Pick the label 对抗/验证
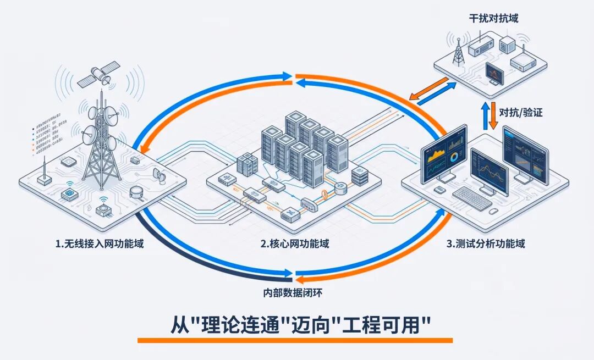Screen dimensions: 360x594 pyautogui.click(x=520, y=113)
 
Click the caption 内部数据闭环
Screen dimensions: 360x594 pyautogui.click(x=295, y=293)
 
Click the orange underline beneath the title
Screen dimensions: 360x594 pyautogui.click(x=295, y=341)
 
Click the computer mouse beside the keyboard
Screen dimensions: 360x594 pyautogui.click(x=494, y=211)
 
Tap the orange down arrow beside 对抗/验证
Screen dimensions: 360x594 pyautogui.click(x=494, y=114)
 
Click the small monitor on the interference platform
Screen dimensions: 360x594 pyautogui.click(x=494, y=73)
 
